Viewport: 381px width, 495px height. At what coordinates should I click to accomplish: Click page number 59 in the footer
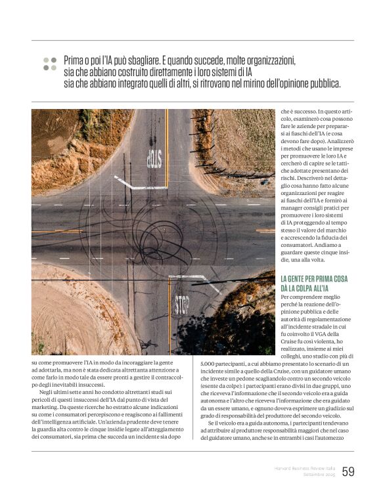click(348, 471)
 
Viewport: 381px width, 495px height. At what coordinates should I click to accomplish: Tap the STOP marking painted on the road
click(182, 305)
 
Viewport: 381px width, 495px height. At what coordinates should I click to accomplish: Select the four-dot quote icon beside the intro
click(49, 63)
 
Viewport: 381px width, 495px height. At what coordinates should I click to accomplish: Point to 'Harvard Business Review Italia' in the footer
click(303, 467)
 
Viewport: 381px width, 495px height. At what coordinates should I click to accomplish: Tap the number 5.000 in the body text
click(209, 364)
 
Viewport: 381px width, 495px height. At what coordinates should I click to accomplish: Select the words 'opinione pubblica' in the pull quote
click(307, 83)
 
